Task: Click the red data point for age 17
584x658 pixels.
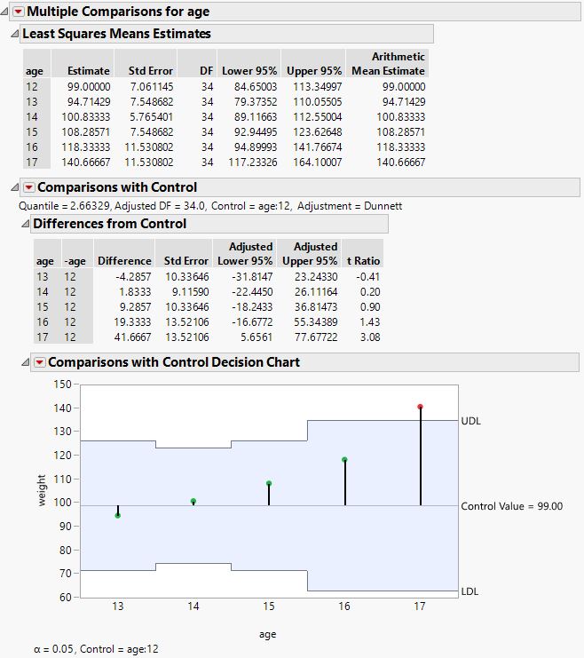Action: point(420,407)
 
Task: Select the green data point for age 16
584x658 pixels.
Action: point(344,460)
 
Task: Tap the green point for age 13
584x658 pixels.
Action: point(118,515)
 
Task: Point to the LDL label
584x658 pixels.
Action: point(471,591)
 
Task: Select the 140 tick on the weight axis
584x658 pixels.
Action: point(60,408)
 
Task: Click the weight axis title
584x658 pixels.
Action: point(42,490)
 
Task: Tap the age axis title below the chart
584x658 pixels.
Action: point(268,634)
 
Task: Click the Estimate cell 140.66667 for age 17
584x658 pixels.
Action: point(83,163)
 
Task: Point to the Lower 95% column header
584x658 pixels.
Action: point(249,70)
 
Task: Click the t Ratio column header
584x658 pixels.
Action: point(363,261)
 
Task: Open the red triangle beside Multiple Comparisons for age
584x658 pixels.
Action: point(18,11)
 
